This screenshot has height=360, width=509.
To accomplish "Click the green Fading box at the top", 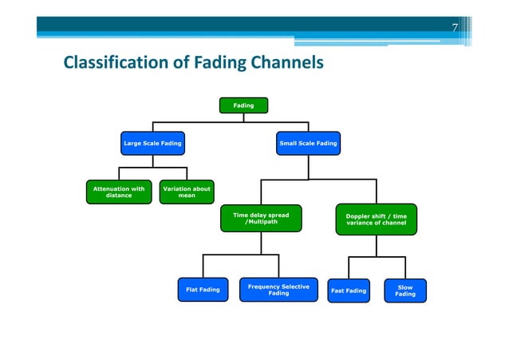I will [243, 105].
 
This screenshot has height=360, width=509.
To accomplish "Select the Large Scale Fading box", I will [152, 144].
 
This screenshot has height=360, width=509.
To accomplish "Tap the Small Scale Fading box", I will [308, 144].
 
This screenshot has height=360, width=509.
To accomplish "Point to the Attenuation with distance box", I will [119, 192].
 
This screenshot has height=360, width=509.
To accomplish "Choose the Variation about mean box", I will [187, 192].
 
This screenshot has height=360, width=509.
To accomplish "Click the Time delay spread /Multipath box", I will [261, 219].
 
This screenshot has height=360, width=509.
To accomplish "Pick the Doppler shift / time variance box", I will [376, 220].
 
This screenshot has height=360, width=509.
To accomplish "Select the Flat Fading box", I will [203, 290].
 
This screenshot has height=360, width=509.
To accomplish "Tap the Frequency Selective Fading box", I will [278, 290].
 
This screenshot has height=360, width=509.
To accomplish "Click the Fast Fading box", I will [349, 291].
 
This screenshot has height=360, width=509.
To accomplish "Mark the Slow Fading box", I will [404, 291].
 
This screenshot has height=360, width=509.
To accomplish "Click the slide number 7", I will [455, 28].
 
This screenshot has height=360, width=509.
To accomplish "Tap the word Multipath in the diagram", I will [264, 223].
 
